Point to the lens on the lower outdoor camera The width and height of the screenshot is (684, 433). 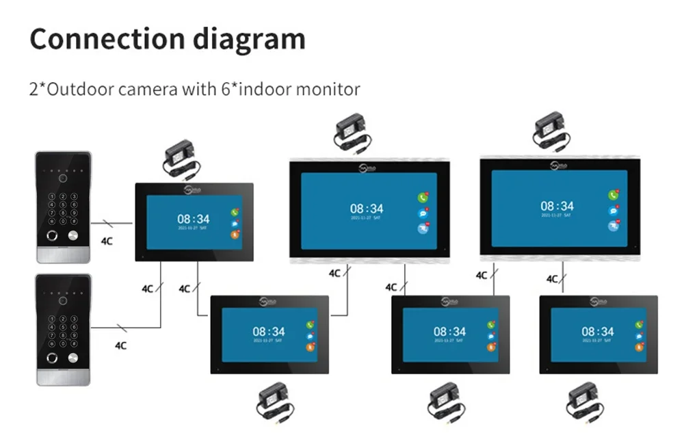pos(63,300)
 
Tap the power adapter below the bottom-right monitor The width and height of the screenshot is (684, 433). pos(586,402)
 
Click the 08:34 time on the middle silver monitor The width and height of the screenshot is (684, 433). pos(367,208)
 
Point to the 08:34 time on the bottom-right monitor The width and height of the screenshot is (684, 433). pos(597,332)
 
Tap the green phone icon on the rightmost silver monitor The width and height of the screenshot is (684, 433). pos(613,196)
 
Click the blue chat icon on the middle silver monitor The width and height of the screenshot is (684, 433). pos(423,213)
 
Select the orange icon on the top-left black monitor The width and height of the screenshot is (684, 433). pos(235,235)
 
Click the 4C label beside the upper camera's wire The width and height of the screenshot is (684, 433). pos(107,241)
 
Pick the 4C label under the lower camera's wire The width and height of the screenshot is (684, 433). pos(120,345)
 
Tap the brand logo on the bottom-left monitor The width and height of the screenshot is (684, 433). pos(268,300)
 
